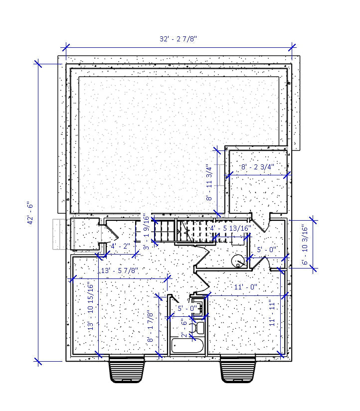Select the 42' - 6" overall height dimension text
pos(30,213)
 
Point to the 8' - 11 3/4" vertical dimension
pos(209,183)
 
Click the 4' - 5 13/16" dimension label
pos(229,228)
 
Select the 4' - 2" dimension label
pos(120,246)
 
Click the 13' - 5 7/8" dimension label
pos(120,271)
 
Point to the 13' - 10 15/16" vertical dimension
pos(90,306)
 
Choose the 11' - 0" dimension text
pos(245,286)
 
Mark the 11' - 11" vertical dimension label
pos(272,313)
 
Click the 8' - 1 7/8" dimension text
pos(150,326)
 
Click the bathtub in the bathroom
pos(187,346)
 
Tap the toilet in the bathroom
pos(198,327)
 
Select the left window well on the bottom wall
pos(128,370)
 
